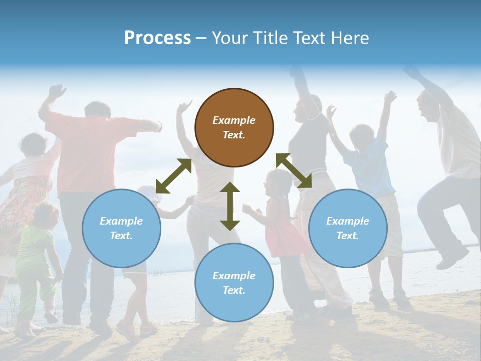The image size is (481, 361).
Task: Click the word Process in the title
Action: tap(157, 38)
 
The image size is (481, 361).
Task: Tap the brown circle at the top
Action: tap(234, 127)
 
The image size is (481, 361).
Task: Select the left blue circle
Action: tap(121, 228)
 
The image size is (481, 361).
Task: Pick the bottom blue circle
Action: tap(234, 283)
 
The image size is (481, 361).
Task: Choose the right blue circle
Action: tap(348, 228)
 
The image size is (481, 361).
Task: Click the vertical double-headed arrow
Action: tap(230, 206)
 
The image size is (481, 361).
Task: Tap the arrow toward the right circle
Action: tap(294, 170)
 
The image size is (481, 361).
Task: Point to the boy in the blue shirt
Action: tap(371, 165)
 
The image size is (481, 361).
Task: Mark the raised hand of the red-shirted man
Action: tap(56, 92)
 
